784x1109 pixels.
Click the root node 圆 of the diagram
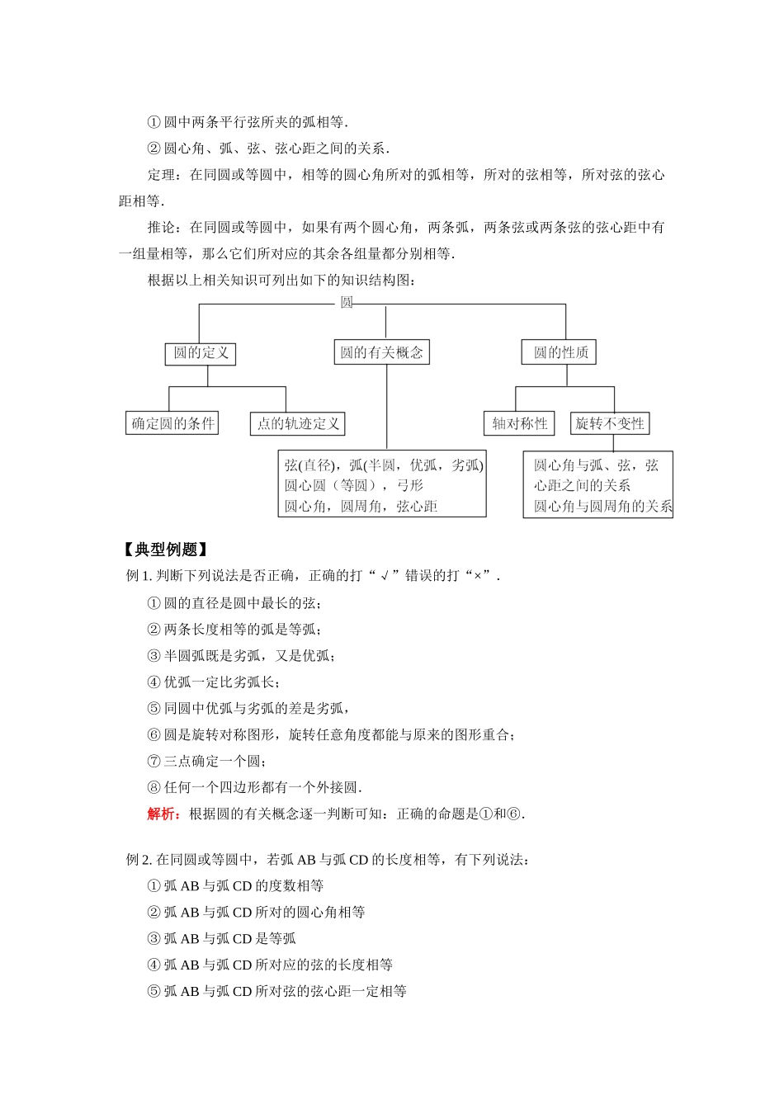[347, 303]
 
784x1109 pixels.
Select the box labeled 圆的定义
[201, 353]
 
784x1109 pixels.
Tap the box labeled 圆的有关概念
[381, 352]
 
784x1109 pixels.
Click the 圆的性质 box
[560, 352]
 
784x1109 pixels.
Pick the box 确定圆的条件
[172, 423]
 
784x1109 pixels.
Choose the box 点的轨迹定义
[297, 423]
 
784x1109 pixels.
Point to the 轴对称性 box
[520, 423]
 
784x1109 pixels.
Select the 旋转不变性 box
[610, 423]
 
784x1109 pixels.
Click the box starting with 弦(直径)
[382, 485]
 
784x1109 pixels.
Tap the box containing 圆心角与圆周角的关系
[598, 485]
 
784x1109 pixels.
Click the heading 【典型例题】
[163, 550]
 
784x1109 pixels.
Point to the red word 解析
[163, 814]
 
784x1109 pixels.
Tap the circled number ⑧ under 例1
[153, 787]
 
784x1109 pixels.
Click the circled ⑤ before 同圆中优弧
[153, 708]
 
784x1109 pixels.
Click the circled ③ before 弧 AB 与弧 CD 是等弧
[153, 939]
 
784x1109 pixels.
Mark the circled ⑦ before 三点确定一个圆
[153, 761]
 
